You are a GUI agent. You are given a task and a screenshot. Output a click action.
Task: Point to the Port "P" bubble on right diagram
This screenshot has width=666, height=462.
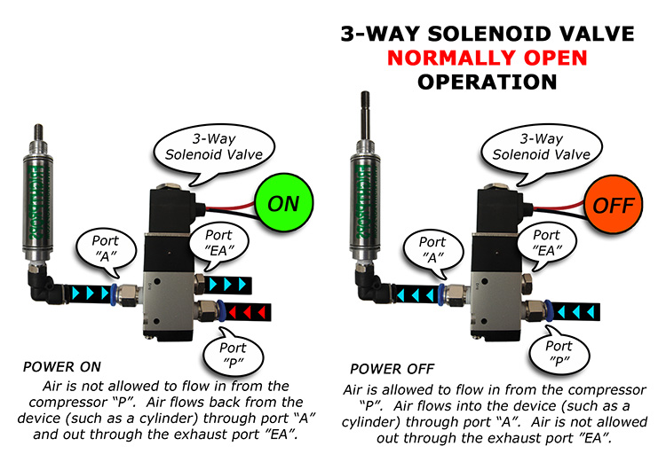(558, 354)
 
